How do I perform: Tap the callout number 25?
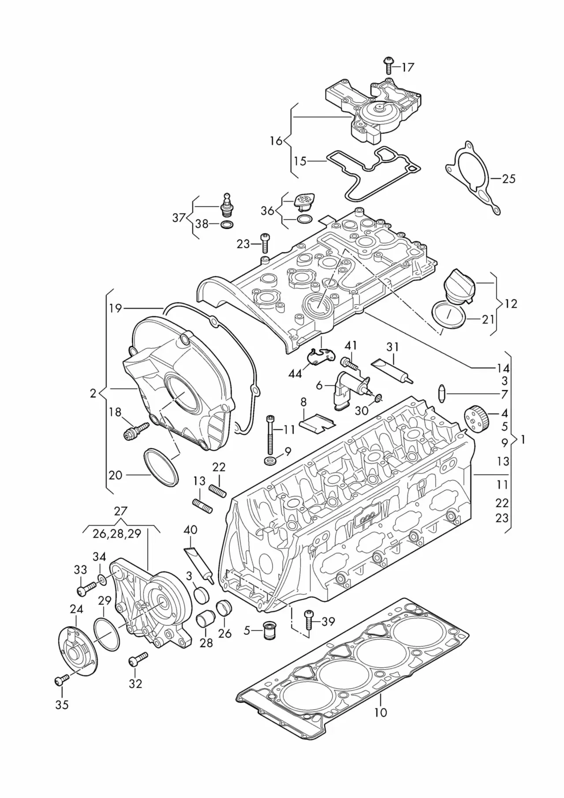pyautogui.click(x=508, y=179)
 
